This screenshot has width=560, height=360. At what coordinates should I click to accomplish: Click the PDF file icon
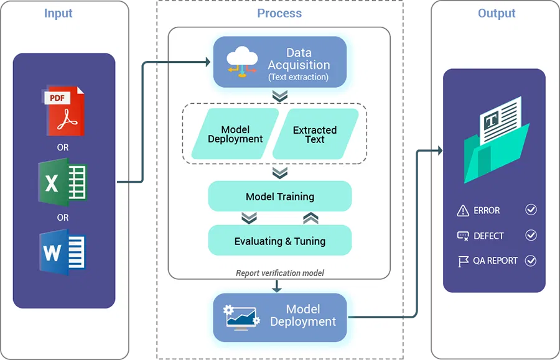pyautogui.click(x=63, y=111)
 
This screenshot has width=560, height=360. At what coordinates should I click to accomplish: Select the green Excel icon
pyautogui.click(x=63, y=183)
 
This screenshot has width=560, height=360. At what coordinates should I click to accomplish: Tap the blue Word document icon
pyautogui.click(x=63, y=252)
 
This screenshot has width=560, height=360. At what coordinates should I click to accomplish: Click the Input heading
pyautogui.click(x=58, y=14)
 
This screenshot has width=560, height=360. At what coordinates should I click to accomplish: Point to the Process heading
pyautogui.click(x=279, y=14)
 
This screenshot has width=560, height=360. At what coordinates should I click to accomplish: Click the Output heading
pyautogui.click(x=497, y=14)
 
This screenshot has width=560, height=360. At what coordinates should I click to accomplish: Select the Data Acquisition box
pyautogui.click(x=280, y=62)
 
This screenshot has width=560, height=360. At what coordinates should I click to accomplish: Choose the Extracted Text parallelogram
pyautogui.click(x=315, y=135)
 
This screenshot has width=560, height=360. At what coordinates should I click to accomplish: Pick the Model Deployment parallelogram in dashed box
pyautogui.click(x=235, y=135)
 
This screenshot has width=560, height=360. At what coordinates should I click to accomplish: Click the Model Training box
pyautogui.click(x=280, y=196)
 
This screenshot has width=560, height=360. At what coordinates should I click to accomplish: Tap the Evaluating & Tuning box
pyautogui.click(x=280, y=241)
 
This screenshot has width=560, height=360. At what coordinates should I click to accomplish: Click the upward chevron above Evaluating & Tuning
pyautogui.click(x=311, y=218)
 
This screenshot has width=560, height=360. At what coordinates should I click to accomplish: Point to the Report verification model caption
pyautogui.click(x=280, y=273)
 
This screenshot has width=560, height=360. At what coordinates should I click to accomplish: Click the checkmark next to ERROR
pyautogui.click(x=531, y=210)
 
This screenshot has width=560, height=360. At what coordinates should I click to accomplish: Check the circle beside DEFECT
pyautogui.click(x=531, y=236)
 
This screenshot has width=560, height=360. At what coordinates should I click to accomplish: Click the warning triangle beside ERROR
pyautogui.click(x=463, y=211)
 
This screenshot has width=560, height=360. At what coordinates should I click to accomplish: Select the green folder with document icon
pyautogui.click(x=495, y=141)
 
